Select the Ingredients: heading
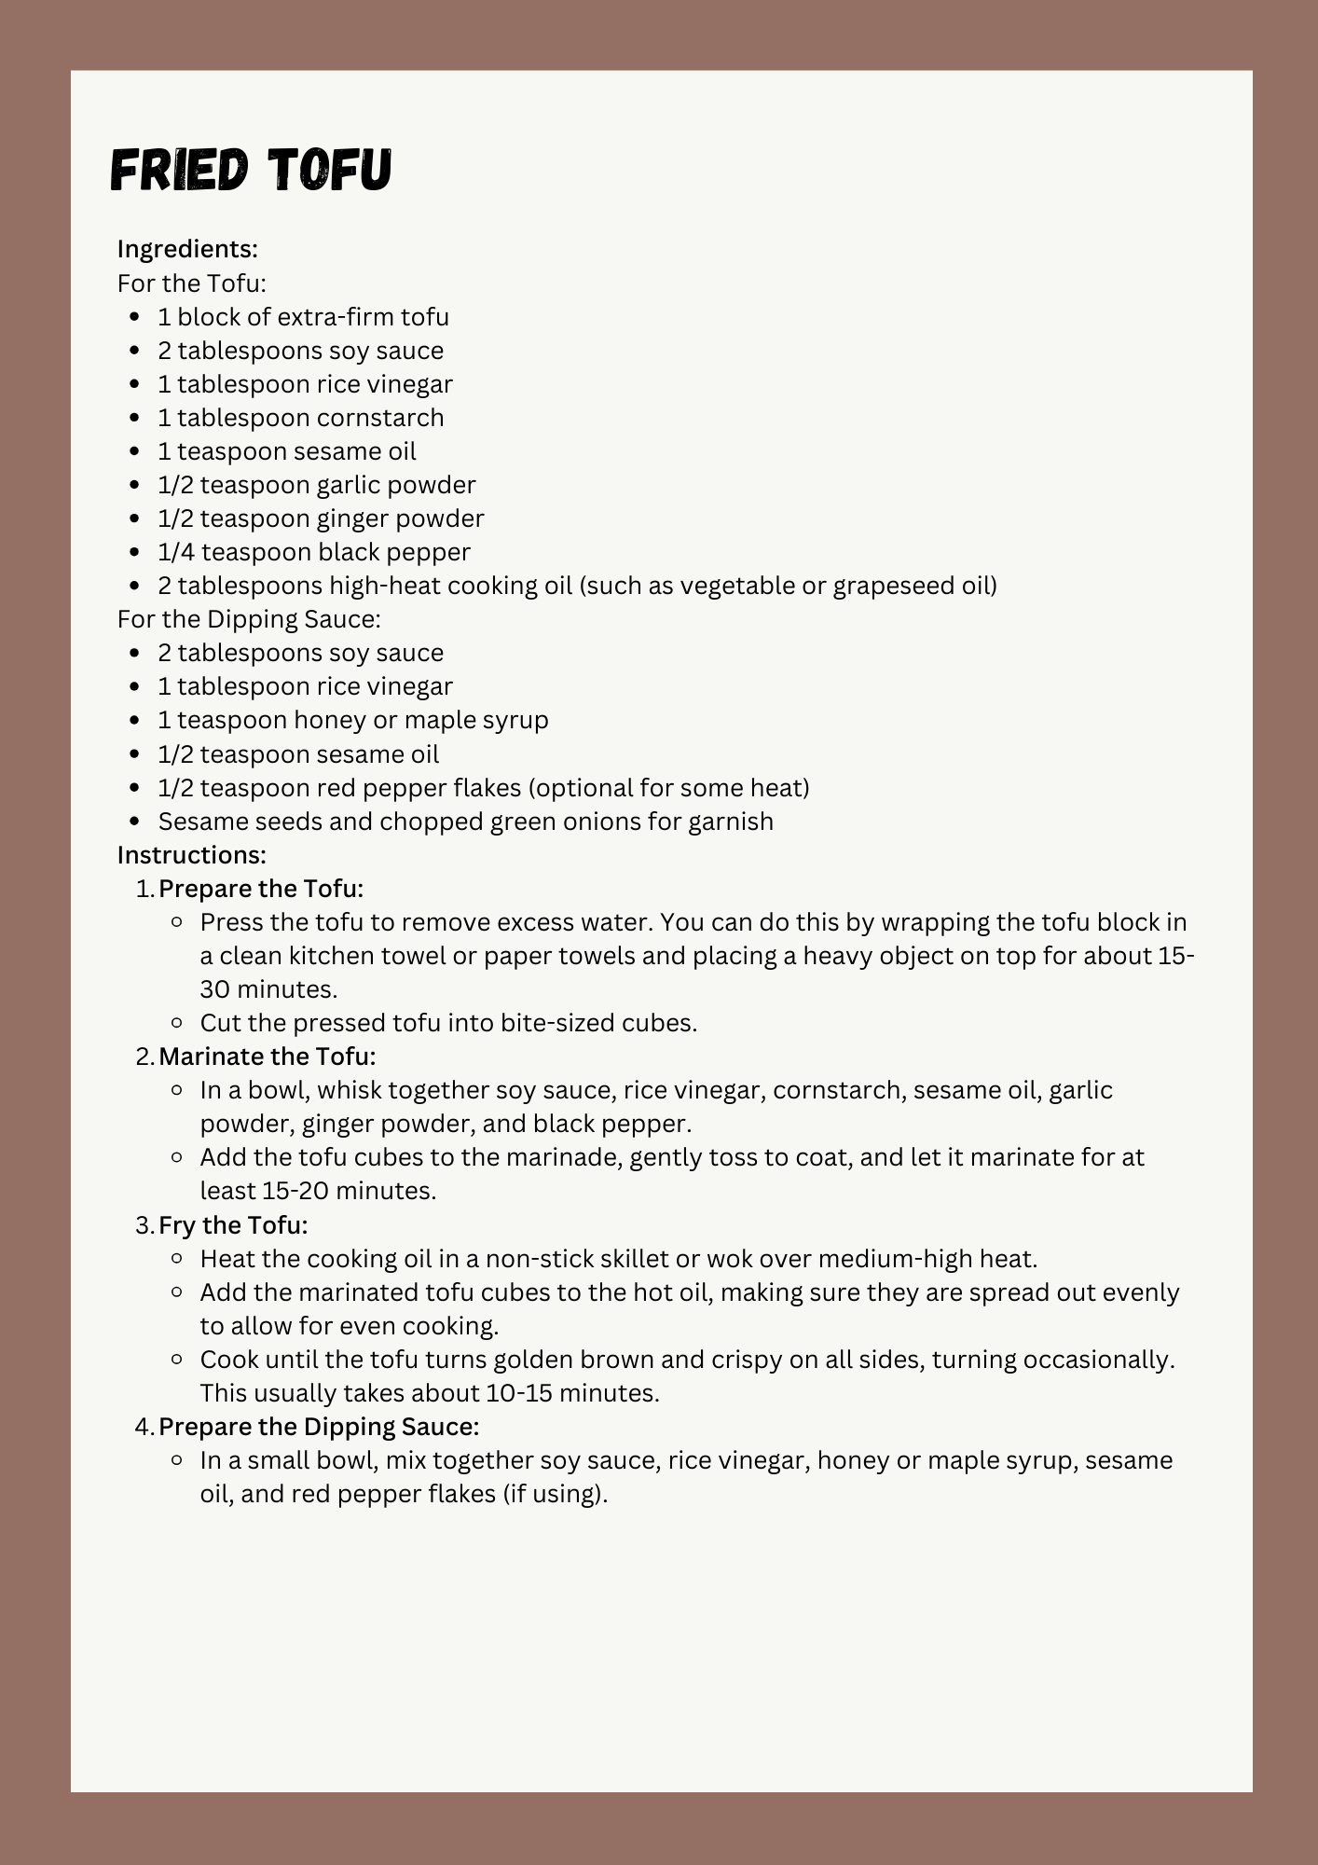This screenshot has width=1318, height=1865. (x=187, y=249)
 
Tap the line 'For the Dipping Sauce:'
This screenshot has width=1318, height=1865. (x=249, y=619)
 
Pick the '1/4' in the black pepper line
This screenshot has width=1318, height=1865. (x=176, y=552)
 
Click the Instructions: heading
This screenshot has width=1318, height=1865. (x=191, y=855)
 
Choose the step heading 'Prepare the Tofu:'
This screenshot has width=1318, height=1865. (x=261, y=889)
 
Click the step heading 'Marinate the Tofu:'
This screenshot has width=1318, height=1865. (x=268, y=1057)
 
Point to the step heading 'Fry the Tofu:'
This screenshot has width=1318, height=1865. (x=233, y=1225)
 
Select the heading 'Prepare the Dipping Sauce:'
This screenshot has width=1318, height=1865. (x=319, y=1427)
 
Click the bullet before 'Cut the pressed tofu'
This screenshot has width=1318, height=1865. (x=177, y=1023)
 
